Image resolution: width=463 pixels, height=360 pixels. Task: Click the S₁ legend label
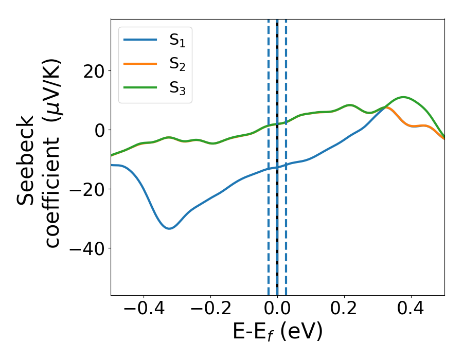point(177,41)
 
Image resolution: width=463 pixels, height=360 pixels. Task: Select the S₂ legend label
point(177,64)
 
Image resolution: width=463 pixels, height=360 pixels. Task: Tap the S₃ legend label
point(177,88)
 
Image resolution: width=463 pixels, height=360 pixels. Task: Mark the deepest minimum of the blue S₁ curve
point(169,228)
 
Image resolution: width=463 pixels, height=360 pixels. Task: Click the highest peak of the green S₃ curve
point(403,97)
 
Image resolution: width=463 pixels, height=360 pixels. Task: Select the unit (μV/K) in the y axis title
point(52,87)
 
